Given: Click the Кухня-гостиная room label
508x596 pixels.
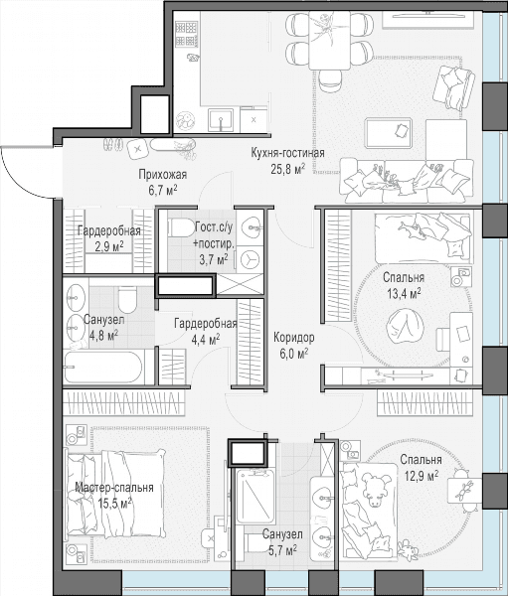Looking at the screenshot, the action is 287,153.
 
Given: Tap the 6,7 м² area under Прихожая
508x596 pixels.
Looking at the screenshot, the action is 163,190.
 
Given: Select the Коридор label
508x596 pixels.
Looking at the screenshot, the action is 294,337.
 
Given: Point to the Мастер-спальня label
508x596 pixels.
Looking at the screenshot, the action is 114,488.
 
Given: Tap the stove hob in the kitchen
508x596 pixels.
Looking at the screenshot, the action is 185,34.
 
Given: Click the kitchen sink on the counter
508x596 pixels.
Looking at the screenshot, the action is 221,119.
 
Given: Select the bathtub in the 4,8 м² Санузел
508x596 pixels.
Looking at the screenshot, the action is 104,367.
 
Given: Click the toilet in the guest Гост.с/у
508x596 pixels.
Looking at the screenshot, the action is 182,227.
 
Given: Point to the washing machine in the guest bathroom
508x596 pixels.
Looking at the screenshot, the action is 250,259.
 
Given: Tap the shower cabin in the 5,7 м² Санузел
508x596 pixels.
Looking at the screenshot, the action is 255,496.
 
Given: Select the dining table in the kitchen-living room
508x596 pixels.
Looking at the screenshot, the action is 329,40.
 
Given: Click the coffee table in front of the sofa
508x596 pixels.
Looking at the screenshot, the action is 389,133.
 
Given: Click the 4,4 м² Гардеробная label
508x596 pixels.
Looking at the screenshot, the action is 206,331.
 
